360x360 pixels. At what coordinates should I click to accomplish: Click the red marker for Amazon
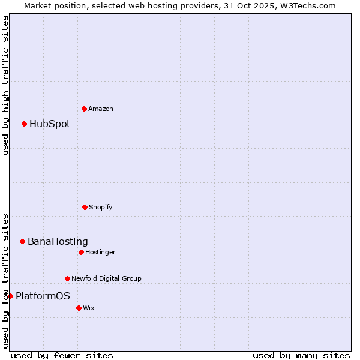click(x=85, y=109)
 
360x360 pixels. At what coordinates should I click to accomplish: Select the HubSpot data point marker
click(x=25, y=124)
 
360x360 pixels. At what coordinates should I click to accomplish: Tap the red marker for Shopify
click(x=85, y=207)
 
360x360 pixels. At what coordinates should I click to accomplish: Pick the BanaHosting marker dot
click(x=23, y=241)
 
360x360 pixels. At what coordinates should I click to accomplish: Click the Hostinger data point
click(x=81, y=252)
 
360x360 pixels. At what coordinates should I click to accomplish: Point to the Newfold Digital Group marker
click(x=67, y=278)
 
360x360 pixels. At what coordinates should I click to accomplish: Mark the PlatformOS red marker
click(x=10, y=296)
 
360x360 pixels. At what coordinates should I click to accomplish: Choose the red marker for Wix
click(x=79, y=308)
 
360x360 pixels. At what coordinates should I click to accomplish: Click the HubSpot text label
click(x=50, y=124)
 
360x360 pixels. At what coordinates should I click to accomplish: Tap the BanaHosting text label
click(x=58, y=242)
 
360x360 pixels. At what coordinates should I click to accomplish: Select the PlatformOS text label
click(x=43, y=296)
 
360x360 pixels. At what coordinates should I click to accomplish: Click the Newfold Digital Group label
click(x=106, y=278)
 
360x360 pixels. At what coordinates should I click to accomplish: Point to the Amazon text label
click(x=101, y=109)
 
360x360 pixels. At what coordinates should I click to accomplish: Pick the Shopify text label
click(x=101, y=208)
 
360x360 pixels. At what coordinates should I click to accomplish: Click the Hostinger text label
click(x=100, y=253)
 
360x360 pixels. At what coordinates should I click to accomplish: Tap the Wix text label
click(x=89, y=308)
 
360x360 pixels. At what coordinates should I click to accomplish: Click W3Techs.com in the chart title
click(x=305, y=5)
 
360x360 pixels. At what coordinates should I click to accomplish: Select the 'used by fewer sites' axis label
click(x=62, y=355)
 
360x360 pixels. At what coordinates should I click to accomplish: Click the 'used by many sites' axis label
click(x=301, y=355)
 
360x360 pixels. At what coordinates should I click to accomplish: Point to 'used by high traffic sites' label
click(x=5, y=85)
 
